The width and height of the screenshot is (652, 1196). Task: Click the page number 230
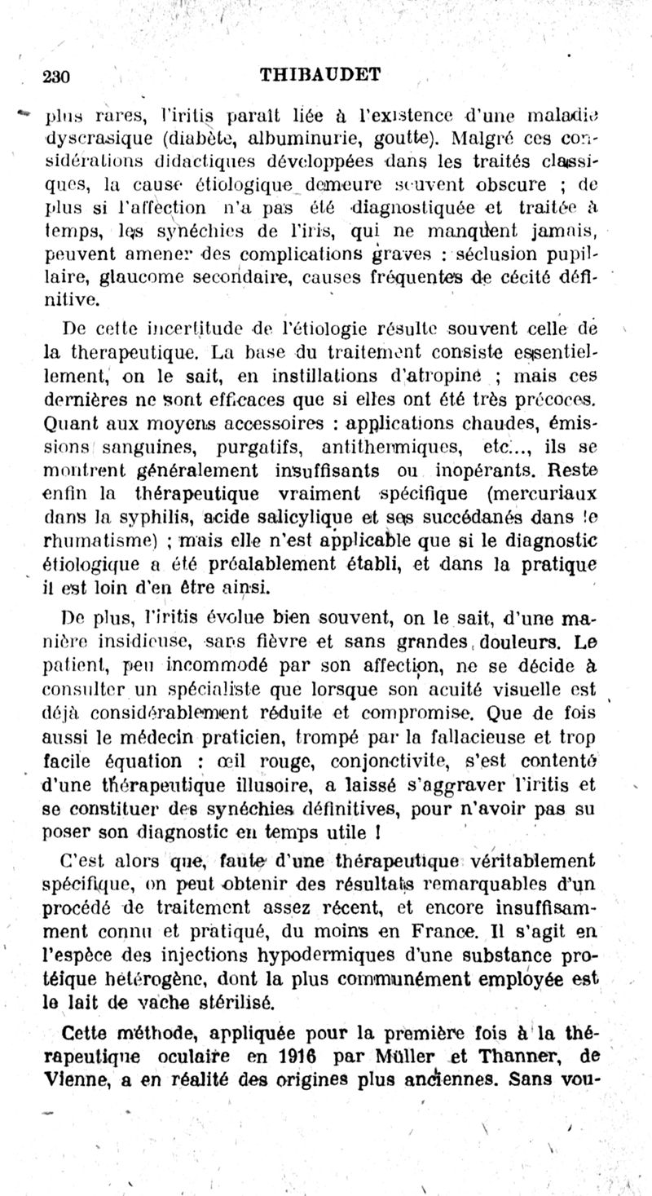[58, 77]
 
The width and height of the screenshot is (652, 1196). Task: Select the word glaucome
[145, 276]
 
